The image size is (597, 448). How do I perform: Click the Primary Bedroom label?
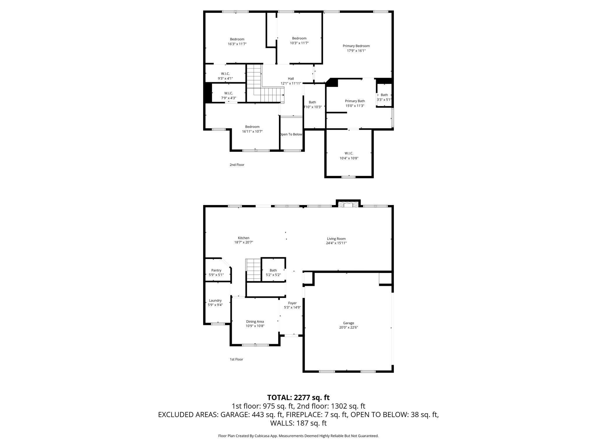click(x=356, y=46)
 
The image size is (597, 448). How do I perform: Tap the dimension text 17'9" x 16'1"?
click(x=356, y=51)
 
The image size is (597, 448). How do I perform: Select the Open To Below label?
click(x=291, y=134)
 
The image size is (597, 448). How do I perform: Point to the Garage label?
click(x=348, y=323)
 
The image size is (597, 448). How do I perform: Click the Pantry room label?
click(x=216, y=270)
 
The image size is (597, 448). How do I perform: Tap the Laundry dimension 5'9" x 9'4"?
click(x=215, y=305)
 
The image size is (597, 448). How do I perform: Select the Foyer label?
click(x=292, y=303)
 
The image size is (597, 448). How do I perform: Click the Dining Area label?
click(x=255, y=322)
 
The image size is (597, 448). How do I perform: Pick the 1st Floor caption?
click(x=236, y=359)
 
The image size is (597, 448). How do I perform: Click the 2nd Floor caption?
click(x=237, y=165)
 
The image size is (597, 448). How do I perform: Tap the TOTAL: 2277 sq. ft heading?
click(x=298, y=398)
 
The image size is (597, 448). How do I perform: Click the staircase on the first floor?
click(x=253, y=270)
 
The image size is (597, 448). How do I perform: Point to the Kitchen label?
click(x=243, y=238)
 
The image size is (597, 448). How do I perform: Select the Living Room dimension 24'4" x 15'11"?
click(x=336, y=243)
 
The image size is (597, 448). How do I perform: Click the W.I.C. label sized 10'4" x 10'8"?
click(x=349, y=153)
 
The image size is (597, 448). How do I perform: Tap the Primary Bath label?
click(x=355, y=101)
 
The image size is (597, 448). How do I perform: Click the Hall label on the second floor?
click(x=291, y=78)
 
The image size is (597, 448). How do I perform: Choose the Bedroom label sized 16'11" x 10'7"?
click(x=252, y=127)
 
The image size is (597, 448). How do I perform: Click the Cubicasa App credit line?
click(x=298, y=436)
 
